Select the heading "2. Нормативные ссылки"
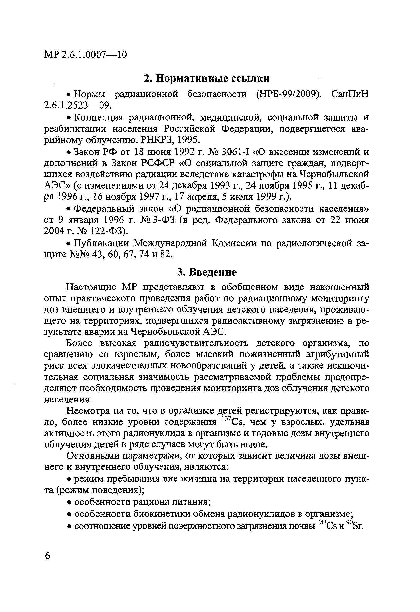click(x=207, y=78)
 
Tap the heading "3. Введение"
click(x=207, y=272)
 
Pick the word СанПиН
click(x=350, y=94)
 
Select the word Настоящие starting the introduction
click(x=92, y=287)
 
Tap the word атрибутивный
click(x=338, y=355)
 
